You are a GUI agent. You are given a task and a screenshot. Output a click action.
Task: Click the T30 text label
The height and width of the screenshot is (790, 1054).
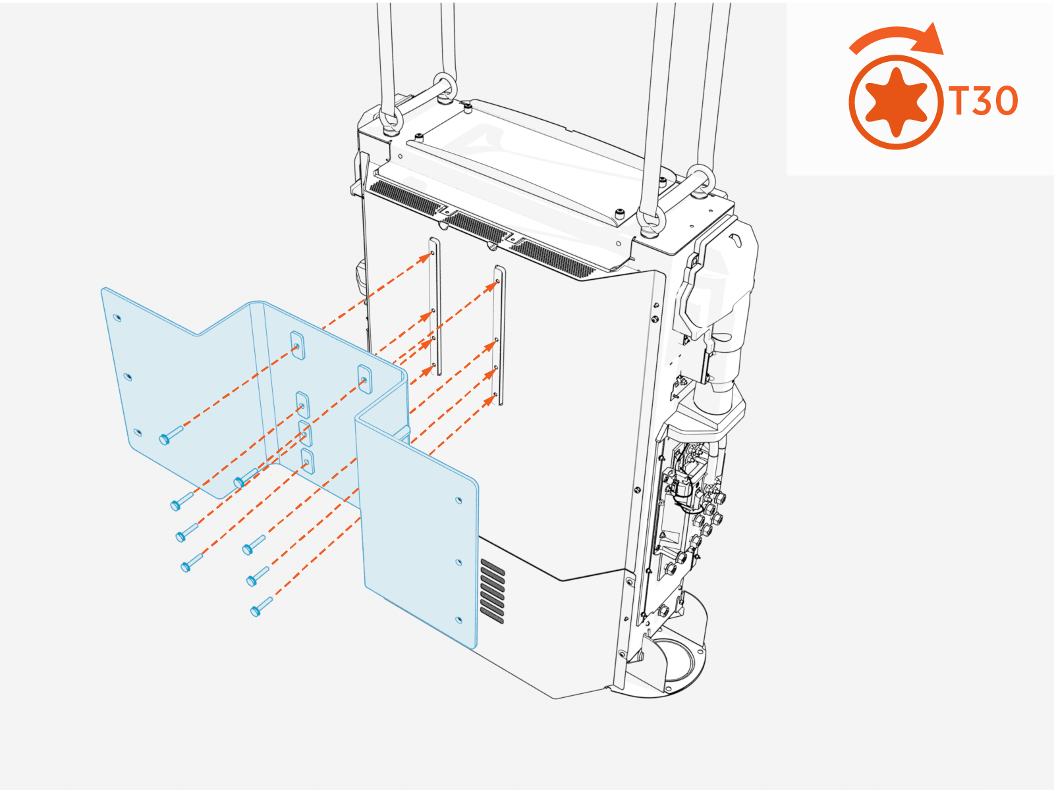click(984, 101)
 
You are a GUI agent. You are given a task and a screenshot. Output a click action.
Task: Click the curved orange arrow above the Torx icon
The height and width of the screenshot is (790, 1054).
click(897, 38)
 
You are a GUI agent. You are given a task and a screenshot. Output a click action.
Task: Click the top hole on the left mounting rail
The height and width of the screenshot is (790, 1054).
click(432, 253)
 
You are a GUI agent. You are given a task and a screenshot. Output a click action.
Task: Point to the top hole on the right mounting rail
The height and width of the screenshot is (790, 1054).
click(497, 282)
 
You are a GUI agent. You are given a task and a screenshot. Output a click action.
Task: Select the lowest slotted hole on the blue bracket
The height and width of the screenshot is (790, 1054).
click(307, 462)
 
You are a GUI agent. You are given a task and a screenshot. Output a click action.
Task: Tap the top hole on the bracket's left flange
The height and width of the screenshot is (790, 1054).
click(117, 318)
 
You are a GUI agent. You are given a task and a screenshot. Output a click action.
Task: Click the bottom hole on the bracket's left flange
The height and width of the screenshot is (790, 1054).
click(137, 433)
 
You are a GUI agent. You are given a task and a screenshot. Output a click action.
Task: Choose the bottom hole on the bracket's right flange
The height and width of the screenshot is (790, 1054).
click(460, 620)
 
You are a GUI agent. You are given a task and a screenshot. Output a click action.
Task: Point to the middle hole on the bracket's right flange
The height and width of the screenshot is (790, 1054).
click(459, 562)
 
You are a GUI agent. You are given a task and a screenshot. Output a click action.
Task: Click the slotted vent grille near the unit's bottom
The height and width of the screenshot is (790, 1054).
click(493, 591)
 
